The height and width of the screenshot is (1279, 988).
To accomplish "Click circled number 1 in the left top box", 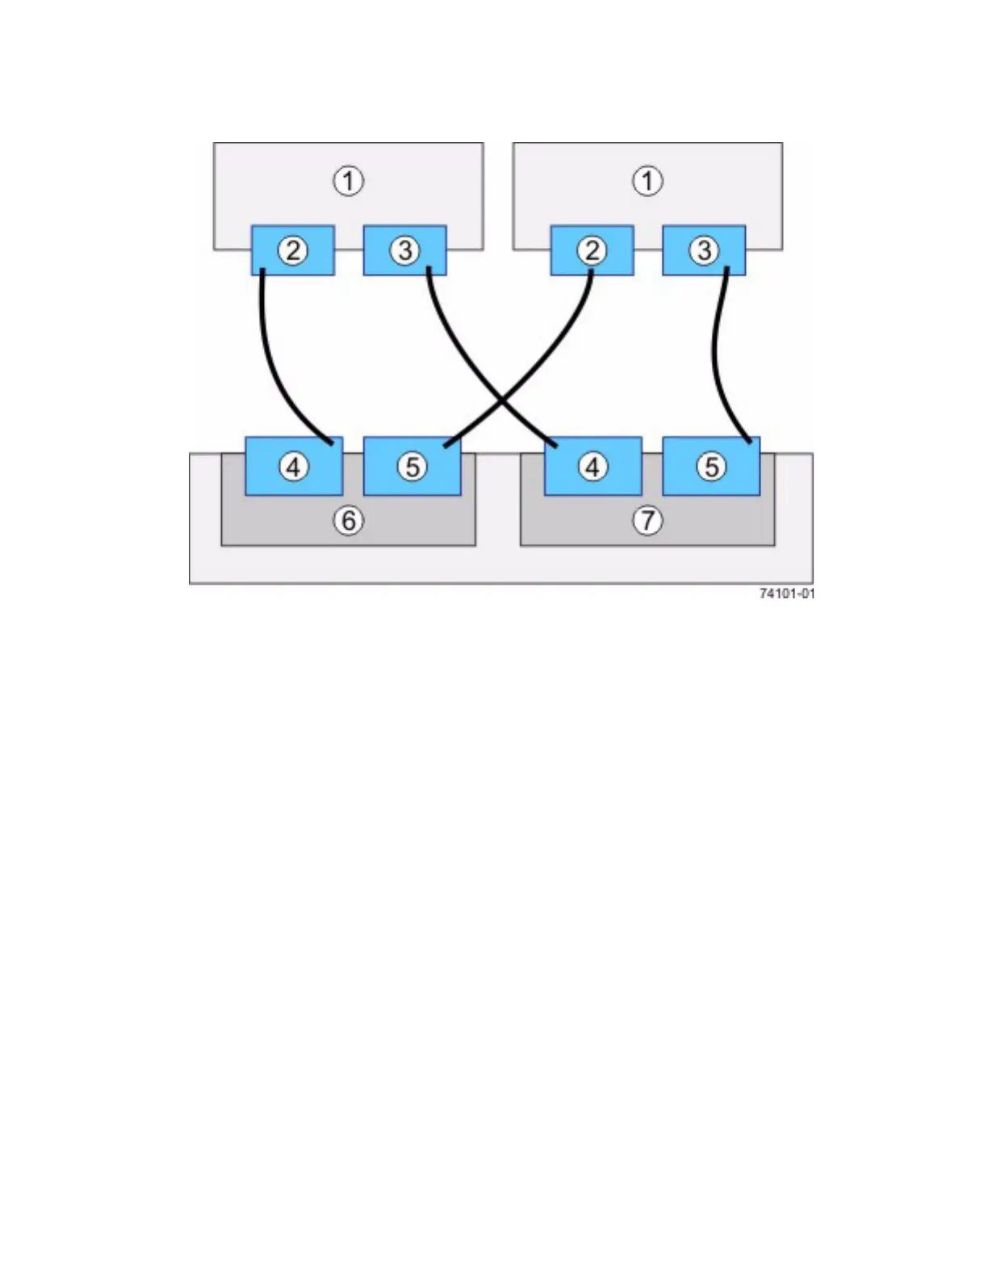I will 349,181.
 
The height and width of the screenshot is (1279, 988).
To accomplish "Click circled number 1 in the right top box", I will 647,181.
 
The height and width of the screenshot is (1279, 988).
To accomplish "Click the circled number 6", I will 349,521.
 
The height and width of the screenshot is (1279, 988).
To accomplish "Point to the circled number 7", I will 647,521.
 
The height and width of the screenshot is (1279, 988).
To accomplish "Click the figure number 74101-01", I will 787,593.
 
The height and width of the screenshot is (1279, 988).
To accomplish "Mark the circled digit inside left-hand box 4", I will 294,467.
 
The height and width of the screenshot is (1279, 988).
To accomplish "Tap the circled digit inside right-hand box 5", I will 711,467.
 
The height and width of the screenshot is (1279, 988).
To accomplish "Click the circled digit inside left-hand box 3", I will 405,250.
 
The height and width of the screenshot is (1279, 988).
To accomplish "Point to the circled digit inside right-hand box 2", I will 592,250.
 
